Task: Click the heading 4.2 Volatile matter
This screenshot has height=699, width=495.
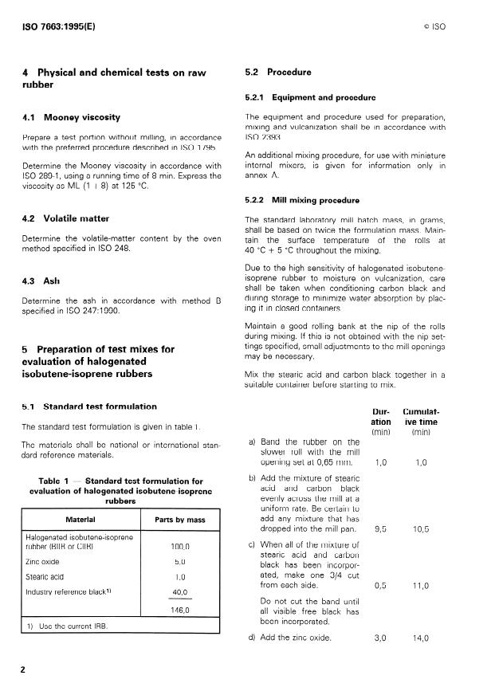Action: [66, 218]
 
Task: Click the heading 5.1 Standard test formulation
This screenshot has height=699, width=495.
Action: [88, 406]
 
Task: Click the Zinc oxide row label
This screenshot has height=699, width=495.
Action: [44, 561]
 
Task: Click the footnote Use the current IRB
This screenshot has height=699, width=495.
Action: [65, 626]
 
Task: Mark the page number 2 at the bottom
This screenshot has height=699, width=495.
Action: [24, 670]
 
